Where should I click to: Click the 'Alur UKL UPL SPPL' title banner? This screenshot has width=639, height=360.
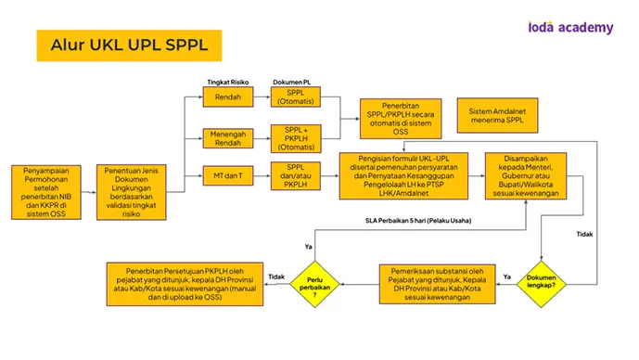click(129, 45)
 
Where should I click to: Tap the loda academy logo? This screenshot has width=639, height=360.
click(570, 27)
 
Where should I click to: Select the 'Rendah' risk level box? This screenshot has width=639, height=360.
click(228, 97)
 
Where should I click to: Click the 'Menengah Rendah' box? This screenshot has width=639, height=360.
click(228, 138)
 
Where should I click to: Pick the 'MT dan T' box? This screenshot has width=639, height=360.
click(228, 175)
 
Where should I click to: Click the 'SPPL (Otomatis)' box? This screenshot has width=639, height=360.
click(296, 97)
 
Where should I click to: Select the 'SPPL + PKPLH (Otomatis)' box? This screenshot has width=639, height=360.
click(296, 138)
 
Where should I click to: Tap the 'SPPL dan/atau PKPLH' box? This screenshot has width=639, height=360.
click(296, 175)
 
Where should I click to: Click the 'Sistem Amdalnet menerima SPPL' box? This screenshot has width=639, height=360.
click(497, 115)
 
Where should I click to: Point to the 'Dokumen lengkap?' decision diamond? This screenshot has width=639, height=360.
click(542, 284)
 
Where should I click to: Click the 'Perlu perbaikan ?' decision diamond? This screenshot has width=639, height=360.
click(314, 284)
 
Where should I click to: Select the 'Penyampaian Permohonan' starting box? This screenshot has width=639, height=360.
click(46, 192)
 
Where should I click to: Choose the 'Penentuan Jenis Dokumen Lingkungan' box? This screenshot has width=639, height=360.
click(131, 192)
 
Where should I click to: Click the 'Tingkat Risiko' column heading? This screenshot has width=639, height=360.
click(228, 82)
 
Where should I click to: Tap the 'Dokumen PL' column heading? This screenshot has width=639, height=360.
click(292, 82)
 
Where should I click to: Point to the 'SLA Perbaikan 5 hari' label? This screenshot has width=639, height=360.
click(418, 221)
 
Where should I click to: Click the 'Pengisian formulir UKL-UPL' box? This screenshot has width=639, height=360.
click(403, 175)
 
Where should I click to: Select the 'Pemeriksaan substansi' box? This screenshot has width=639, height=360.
click(437, 284)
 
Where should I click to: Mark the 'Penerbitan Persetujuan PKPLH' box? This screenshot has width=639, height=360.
click(185, 284)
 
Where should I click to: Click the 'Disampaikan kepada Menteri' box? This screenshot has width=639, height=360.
click(526, 175)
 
